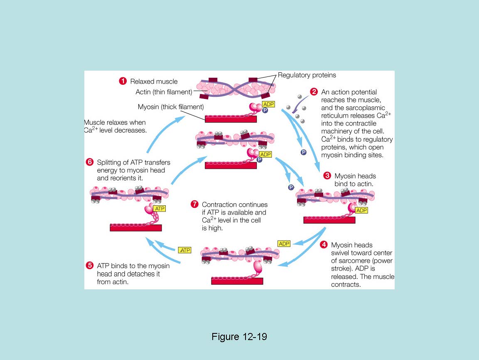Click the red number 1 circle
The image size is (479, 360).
[x=123, y=81]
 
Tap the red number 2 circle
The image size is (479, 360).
[x=314, y=92]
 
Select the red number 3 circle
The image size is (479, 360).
[x=327, y=176]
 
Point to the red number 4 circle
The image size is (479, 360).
[x=324, y=245]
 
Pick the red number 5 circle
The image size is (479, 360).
[x=90, y=265]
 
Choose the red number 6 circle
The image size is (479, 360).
[x=90, y=162]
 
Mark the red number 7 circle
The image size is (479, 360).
[x=194, y=204]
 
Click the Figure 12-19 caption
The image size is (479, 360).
[x=239, y=336]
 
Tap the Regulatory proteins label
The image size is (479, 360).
[x=307, y=75]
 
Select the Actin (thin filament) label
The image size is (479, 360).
[x=164, y=92]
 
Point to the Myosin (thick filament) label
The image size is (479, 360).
[x=171, y=107]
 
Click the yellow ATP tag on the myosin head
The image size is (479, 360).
[x=160, y=208]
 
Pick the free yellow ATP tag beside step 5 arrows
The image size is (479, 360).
[x=185, y=250]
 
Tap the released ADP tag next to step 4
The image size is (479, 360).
[x=284, y=244]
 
